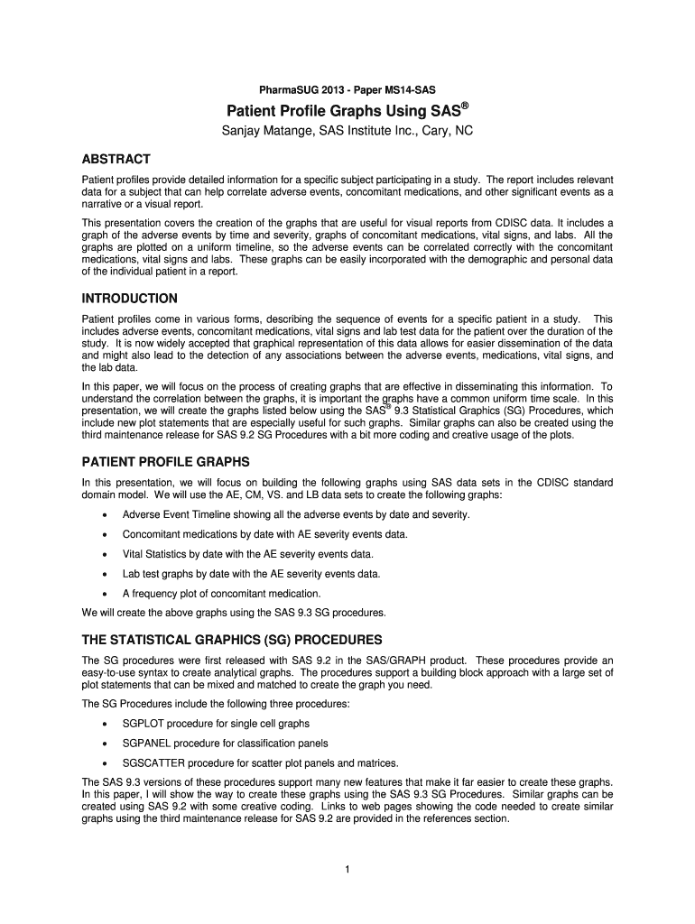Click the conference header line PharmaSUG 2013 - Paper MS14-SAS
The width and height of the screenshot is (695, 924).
pyautogui.click(x=347, y=88)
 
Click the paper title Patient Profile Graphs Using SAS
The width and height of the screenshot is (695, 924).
pyautogui.click(x=343, y=111)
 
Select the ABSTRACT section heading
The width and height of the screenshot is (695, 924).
pyautogui.click(x=116, y=158)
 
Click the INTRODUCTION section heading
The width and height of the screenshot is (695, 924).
pyautogui.click(x=129, y=298)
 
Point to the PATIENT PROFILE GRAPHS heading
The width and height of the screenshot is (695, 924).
pyautogui.click(x=165, y=461)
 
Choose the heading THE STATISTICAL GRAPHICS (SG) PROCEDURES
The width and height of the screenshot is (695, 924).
pyautogui.click(x=232, y=640)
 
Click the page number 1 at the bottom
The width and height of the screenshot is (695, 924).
pyautogui.click(x=347, y=869)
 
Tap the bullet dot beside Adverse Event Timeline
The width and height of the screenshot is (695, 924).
pyautogui.click(x=107, y=515)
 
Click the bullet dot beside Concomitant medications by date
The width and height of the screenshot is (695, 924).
pyautogui.click(x=107, y=534)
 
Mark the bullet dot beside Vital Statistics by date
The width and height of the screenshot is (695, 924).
pyautogui.click(x=107, y=554)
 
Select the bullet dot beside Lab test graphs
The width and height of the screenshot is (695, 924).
pyautogui.click(x=107, y=574)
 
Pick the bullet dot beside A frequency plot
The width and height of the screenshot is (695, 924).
pyautogui.click(x=107, y=594)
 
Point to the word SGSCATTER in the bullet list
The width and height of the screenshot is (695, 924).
pyautogui.click(x=155, y=763)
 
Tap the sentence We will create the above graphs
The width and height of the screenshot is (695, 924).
pyautogui.click(x=234, y=613)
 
